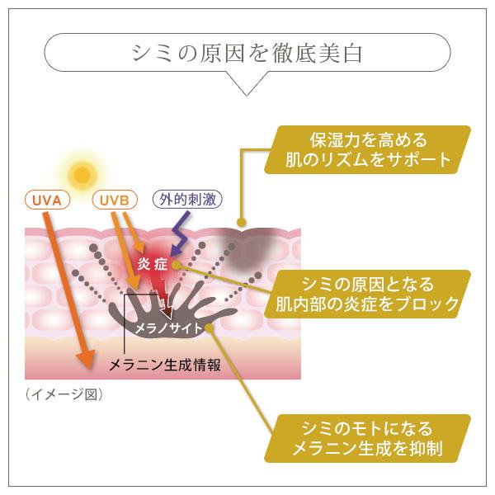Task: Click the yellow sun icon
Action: [x=82, y=173]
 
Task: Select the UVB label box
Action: [x=115, y=200]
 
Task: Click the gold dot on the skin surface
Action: [x=241, y=222]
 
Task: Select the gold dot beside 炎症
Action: [x=178, y=263]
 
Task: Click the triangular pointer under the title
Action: [x=247, y=85]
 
